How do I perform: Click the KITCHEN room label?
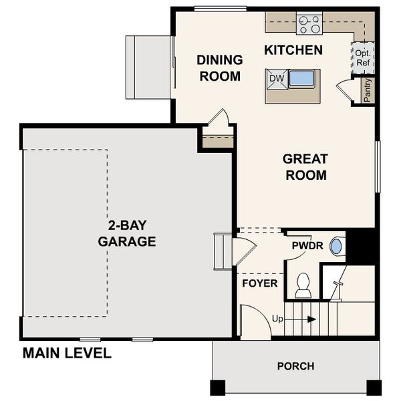[293, 50]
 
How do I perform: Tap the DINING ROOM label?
[219, 68]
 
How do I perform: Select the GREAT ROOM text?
[305, 167]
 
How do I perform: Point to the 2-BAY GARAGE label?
[127, 233]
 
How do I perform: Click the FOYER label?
[259, 283]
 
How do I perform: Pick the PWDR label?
[307, 246]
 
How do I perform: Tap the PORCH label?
[295, 366]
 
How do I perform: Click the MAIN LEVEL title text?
[67, 353]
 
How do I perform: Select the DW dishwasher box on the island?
[277, 79]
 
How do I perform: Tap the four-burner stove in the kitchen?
[309, 24]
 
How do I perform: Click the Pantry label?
[367, 90]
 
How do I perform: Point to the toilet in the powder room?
[303, 287]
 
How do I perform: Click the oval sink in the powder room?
[336, 246]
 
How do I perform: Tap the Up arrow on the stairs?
[294, 319]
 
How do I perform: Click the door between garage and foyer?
[243, 251]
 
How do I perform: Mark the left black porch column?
[218, 387]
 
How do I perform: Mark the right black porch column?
[374, 387]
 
